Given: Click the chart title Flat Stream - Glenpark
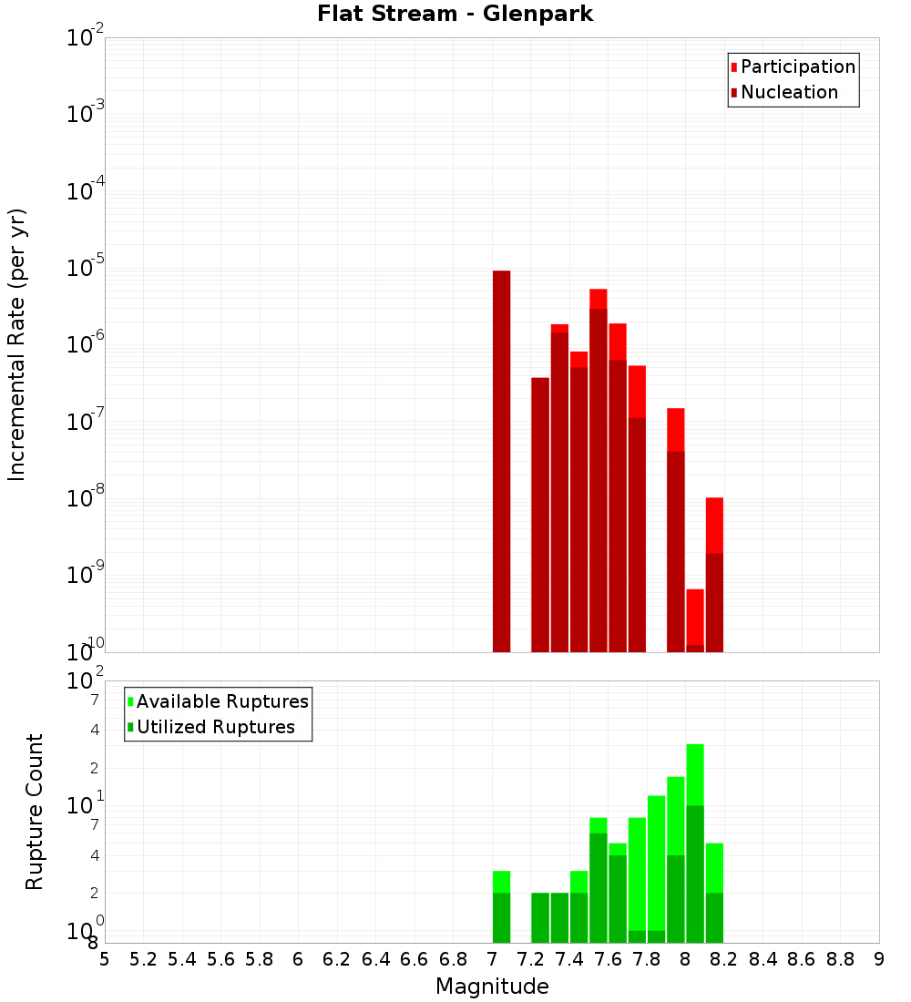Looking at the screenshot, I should (x=455, y=14).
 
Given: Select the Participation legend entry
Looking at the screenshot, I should (x=798, y=66).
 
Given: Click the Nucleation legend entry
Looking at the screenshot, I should (x=789, y=92).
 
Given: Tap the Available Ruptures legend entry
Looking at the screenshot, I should (x=222, y=701).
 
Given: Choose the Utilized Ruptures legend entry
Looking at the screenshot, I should (x=215, y=727).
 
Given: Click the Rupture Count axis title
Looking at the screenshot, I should (x=35, y=812).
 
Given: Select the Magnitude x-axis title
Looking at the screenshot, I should (x=492, y=987).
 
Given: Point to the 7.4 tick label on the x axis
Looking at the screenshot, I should (x=569, y=959).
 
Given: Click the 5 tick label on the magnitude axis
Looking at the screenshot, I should (x=105, y=959).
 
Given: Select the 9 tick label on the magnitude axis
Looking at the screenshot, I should (x=879, y=959).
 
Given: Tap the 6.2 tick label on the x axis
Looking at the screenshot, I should (x=337, y=959).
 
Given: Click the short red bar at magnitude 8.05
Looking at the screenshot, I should (x=695, y=619).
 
